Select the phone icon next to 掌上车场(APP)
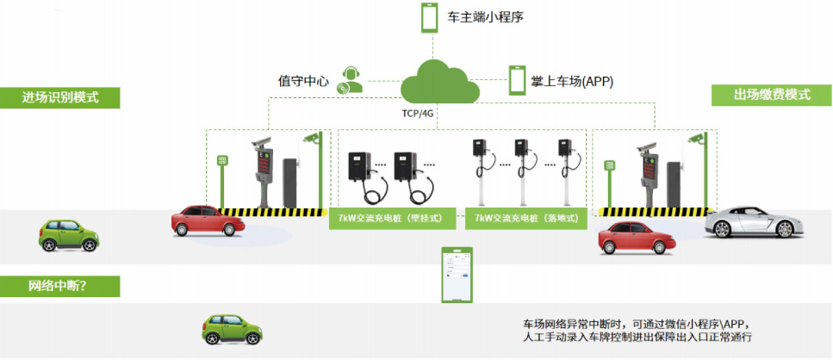click(x=517, y=81)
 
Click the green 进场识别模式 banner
click(x=59, y=96)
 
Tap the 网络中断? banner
click(x=59, y=286)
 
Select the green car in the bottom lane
click(x=231, y=329)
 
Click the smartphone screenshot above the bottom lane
click(x=457, y=275)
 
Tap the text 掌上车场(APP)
click(x=573, y=82)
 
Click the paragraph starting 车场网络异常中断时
click(x=637, y=329)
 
